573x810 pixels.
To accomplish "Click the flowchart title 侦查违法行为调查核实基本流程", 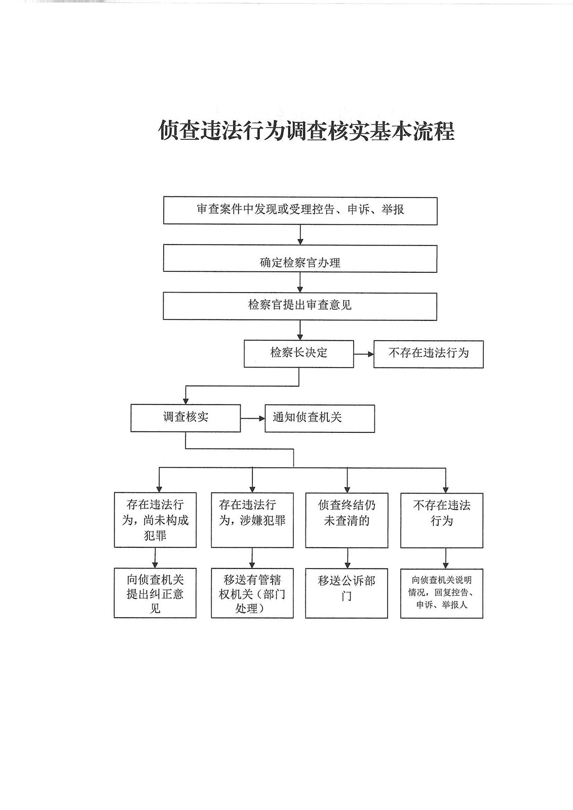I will click(306, 131).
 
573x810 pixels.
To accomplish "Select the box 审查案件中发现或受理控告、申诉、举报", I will click(300, 211).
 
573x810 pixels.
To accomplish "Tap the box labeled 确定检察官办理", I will click(300, 259).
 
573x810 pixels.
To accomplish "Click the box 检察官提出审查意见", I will click(300, 306).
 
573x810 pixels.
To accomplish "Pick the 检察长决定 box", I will click(298, 353).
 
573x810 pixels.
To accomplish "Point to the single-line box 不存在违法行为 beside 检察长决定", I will click(428, 354).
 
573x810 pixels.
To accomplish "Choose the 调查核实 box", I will click(185, 418).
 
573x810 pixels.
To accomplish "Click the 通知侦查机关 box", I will click(320, 418).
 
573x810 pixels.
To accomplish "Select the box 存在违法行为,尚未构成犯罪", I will click(155, 520).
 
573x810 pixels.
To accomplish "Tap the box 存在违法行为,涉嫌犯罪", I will click(252, 520).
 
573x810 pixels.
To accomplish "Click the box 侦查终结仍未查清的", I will click(347, 520).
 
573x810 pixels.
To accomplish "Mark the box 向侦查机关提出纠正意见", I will click(155, 593).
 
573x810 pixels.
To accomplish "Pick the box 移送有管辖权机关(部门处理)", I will click(252, 593).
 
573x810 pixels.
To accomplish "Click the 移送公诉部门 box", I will click(347, 593).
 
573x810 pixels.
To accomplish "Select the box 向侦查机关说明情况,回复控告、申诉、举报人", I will click(441, 593).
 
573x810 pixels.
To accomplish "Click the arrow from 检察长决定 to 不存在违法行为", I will click(363, 353).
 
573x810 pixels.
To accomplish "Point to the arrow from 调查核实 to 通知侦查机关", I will click(252, 418).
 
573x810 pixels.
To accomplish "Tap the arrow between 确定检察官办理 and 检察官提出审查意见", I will click(300, 282).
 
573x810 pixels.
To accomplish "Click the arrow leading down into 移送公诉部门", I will click(347, 558).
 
